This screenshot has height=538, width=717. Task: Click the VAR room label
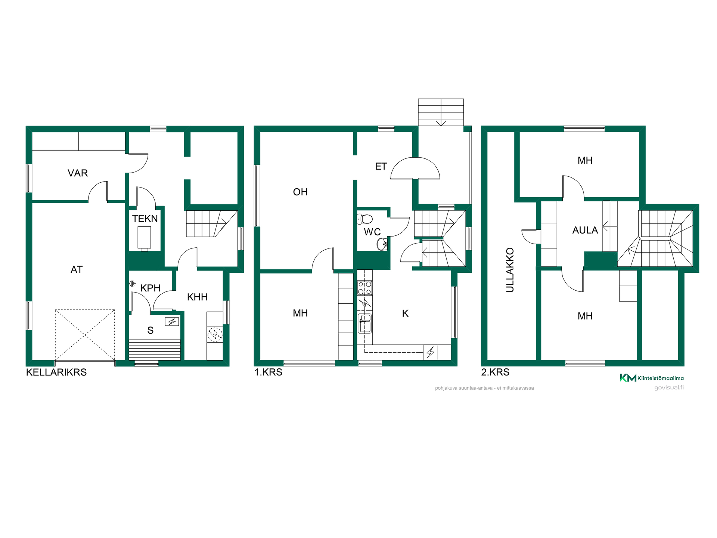click(x=78, y=173)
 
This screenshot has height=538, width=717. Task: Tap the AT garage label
click(x=77, y=269)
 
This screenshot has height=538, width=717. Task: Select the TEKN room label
click(x=145, y=219)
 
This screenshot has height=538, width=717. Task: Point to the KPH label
click(x=150, y=288)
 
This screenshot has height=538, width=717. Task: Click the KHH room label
click(x=197, y=297)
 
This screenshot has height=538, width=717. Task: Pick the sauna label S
click(x=150, y=330)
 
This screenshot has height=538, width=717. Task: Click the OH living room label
click(x=300, y=192)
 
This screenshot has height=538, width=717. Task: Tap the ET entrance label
click(x=381, y=166)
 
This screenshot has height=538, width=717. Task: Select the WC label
click(x=372, y=232)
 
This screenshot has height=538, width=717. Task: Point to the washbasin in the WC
click(x=382, y=244)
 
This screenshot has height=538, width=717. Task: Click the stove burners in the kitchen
click(x=364, y=288)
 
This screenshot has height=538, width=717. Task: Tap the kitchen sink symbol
click(x=364, y=323)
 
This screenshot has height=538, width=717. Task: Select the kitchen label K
click(x=405, y=313)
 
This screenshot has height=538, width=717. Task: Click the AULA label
click(x=585, y=230)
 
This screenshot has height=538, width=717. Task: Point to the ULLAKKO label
click(x=510, y=270)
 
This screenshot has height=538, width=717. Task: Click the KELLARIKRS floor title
click(x=56, y=372)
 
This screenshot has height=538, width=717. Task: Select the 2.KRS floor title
click(x=495, y=372)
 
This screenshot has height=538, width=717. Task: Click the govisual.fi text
click(x=669, y=387)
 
